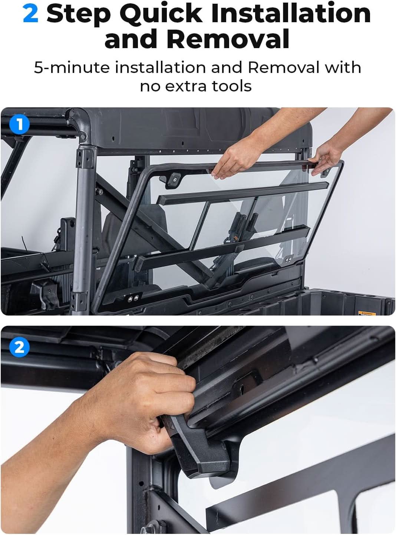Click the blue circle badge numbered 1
coord(19,124)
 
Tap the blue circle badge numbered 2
coord(19,347)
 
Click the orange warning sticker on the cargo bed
coord(366,314)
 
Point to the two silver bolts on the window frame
coord(133,297)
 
